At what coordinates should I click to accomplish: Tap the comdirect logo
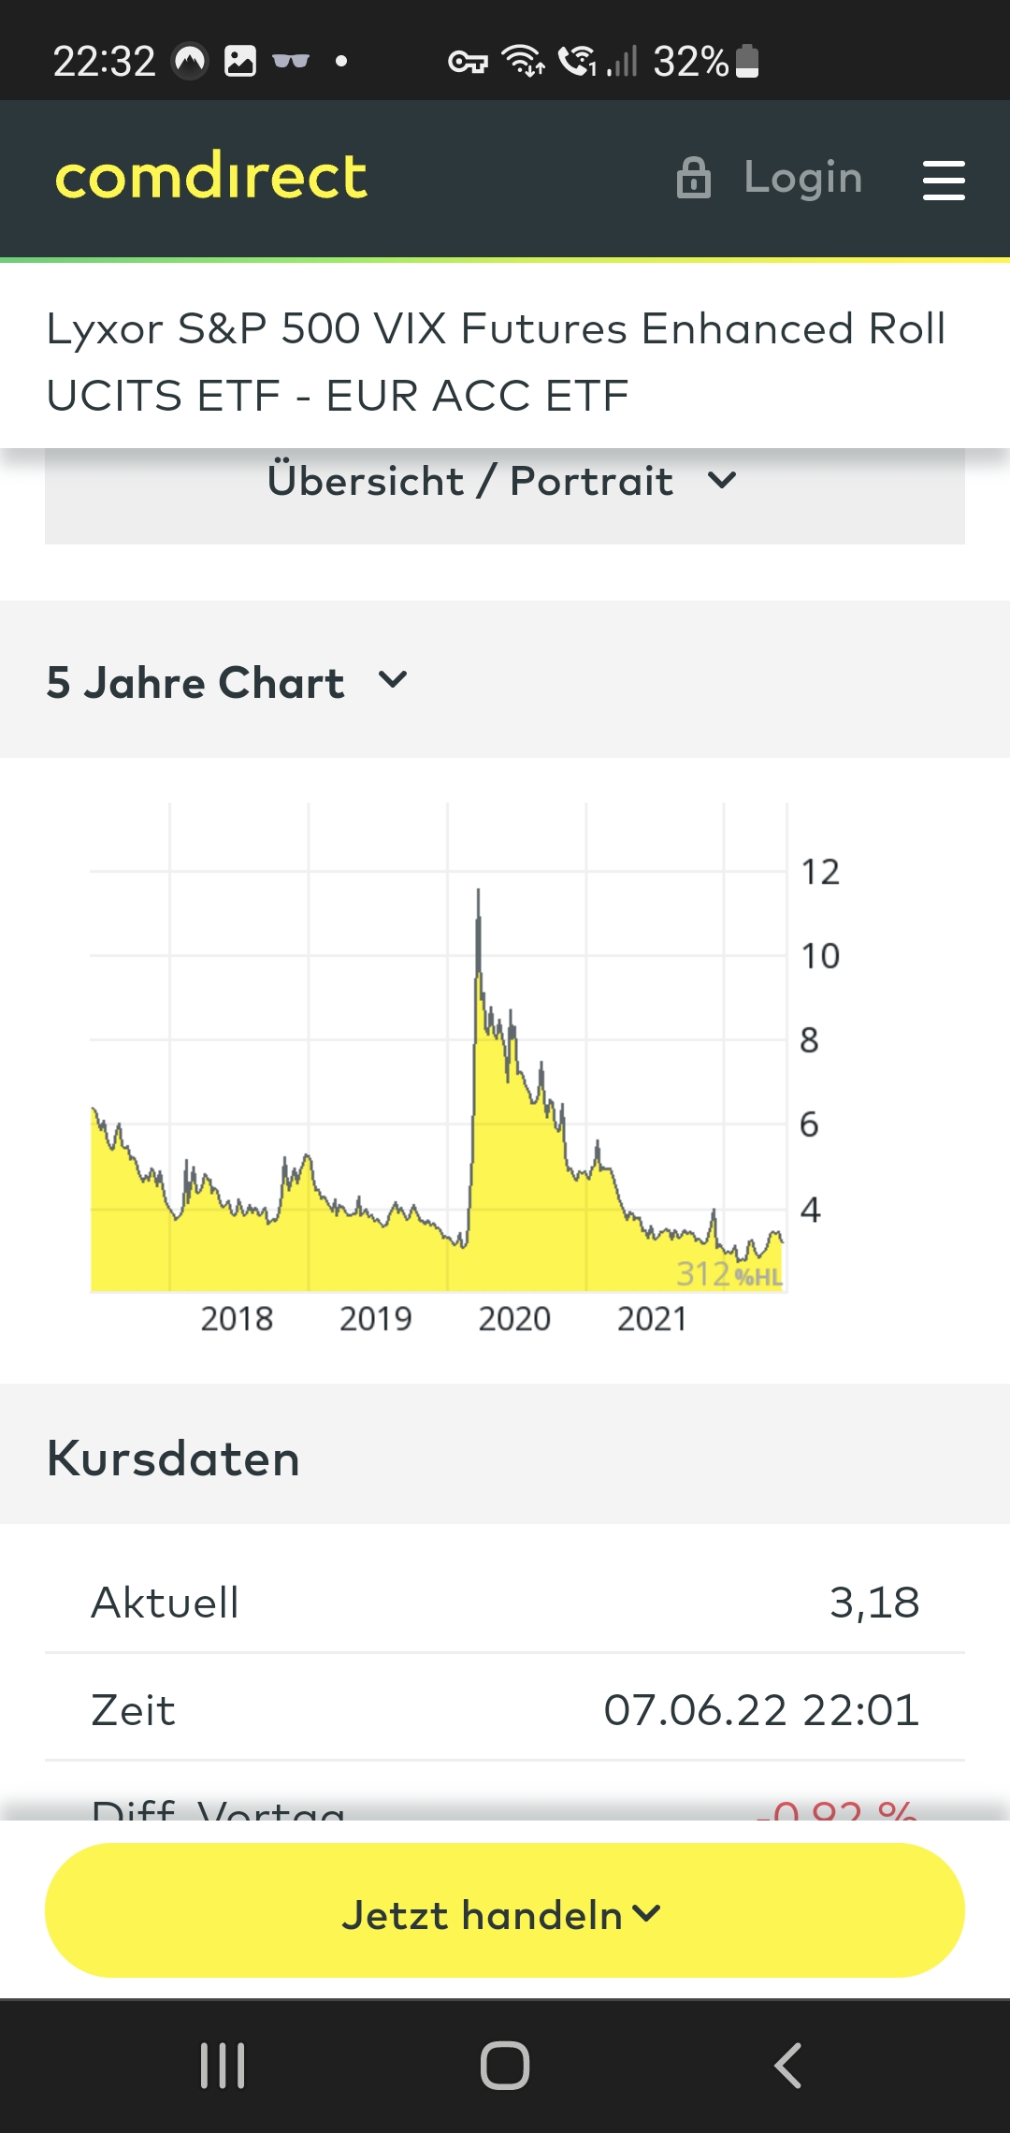(211, 176)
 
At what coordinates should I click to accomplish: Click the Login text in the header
(802, 177)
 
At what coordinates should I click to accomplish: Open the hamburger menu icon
(943, 180)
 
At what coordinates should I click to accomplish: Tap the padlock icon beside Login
(693, 178)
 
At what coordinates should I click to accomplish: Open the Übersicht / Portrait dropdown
(503, 482)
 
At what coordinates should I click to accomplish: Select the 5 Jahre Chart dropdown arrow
(393, 679)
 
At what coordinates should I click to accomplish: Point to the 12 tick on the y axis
(820, 873)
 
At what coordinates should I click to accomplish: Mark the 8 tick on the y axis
(809, 1040)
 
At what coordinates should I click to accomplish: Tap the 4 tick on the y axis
(810, 1210)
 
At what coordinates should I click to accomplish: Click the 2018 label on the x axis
(237, 1319)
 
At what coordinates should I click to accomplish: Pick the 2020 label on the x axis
(514, 1319)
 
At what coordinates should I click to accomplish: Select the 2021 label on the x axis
(652, 1319)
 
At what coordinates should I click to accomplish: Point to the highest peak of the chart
(478, 892)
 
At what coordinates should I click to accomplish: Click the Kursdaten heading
(173, 1458)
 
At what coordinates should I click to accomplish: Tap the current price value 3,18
(873, 1603)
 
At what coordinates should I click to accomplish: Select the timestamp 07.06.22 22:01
(760, 1710)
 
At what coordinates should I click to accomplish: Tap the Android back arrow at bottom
(787, 2065)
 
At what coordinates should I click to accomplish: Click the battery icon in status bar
(747, 61)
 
